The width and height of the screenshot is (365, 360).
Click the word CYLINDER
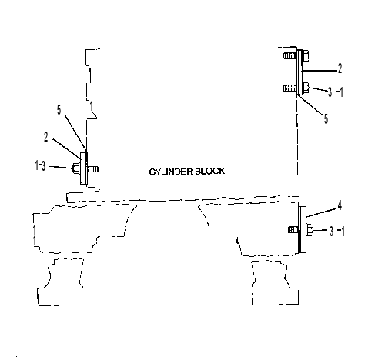pyautogui.click(x=170, y=172)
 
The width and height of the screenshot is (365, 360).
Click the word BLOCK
pyautogui.click(x=209, y=171)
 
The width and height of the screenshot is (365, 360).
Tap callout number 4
pyautogui.click(x=340, y=205)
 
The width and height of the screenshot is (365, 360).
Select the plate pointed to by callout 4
pyautogui.click(x=303, y=229)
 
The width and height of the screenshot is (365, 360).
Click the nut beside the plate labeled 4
pyautogui.click(x=310, y=229)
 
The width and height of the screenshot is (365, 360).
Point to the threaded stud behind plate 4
pyautogui.click(x=293, y=229)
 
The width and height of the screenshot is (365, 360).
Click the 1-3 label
pyautogui.click(x=40, y=165)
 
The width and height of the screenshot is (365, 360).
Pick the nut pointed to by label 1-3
pyautogui.click(x=77, y=168)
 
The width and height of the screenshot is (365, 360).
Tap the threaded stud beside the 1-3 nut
pyautogui.click(x=93, y=169)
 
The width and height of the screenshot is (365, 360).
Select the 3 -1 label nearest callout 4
pyautogui.click(x=337, y=232)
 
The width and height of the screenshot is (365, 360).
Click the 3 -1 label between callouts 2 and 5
pyautogui.click(x=336, y=92)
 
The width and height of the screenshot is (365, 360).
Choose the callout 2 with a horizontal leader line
pyautogui.click(x=340, y=68)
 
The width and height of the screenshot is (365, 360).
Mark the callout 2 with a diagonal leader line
pyautogui.click(x=46, y=137)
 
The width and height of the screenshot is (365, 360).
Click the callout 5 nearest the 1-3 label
pyautogui.click(x=59, y=110)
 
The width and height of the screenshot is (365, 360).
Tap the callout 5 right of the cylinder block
pyautogui.click(x=326, y=118)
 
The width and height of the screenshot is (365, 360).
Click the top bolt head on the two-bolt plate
pyautogui.click(x=306, y=56)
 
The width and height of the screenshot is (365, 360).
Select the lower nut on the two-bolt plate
pyautogui.click(x=306, y=87)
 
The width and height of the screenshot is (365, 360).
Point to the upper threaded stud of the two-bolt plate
pyautogui.click(x=290, y=56)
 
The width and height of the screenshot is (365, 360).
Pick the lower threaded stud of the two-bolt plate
pyautogui.click(x=290, y=88)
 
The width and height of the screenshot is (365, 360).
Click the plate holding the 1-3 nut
pyautogui.click(x=84, y=168)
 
